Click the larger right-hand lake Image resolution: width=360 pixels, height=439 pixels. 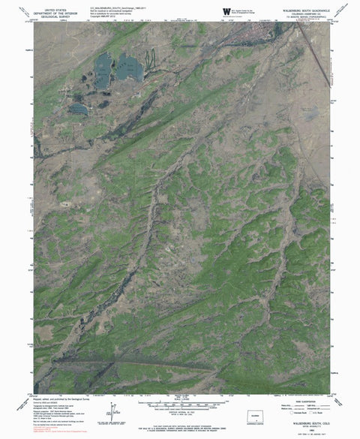pos(130,69)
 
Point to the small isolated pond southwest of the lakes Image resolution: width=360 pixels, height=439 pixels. pos(77,110)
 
